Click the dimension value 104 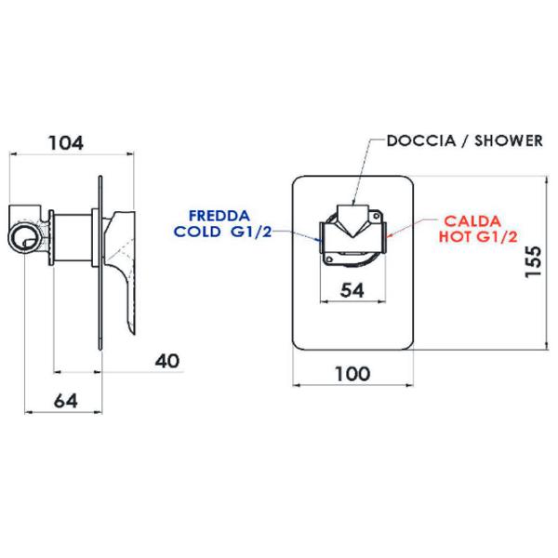(66, 143)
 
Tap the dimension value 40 (167, 361)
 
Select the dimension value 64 (66, 401)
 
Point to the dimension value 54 (352, 290)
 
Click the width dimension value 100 (352, 374)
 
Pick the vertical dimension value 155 (534, 261)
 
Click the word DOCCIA (421, 141)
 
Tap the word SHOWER (509, 141)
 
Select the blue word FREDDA (219, 216)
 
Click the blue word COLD (197, 232)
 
